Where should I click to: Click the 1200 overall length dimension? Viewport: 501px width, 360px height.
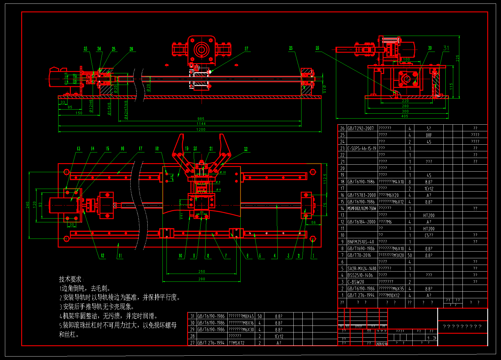[x=201, y=130]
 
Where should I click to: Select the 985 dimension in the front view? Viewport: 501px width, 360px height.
[x=201, y=119]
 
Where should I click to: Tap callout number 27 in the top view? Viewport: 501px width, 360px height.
[x=246, y=49]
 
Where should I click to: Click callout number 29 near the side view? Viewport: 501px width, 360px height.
[x=317, y=48]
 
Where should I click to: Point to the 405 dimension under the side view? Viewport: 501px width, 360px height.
[x=405, y=116]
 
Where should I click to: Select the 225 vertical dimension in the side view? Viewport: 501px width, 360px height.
[x=458, y=58]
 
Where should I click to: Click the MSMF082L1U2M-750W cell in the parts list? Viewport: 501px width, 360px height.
[x=362, y=208]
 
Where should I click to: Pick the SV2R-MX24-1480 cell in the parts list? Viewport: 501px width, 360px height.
[x=362, y=269]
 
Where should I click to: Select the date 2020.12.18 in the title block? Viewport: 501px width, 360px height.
[x=381, y=344]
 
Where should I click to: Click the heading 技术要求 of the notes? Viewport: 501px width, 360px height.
[x=70, y=279]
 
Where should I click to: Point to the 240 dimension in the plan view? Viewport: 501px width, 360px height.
[x=28, y=205]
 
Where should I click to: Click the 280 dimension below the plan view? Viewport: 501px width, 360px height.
[x=202, y=279]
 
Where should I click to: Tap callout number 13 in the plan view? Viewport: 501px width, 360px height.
[x=78, y=149]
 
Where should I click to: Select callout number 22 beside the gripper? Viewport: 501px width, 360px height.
[x=246, y=149]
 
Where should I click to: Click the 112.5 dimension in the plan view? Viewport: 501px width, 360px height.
[x=325, y=179]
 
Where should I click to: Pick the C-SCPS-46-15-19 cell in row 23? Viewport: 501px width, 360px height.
[x=362, y=148]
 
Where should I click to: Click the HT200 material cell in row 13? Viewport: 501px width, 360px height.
[x=429, y=215]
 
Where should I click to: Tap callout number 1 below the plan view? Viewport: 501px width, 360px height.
[x=313, y=256]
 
